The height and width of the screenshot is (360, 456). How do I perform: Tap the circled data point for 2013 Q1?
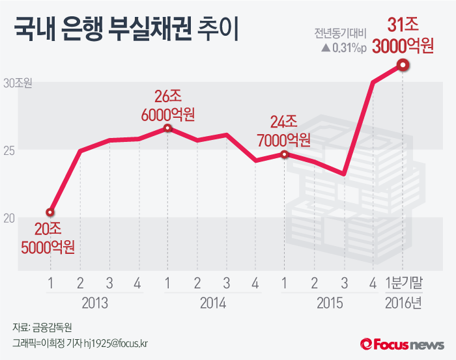[50, 212]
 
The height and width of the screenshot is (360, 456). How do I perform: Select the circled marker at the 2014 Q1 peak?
[167, 128]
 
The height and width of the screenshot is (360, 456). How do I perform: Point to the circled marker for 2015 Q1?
[285, 154]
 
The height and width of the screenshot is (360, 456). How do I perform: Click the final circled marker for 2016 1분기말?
[403, 64]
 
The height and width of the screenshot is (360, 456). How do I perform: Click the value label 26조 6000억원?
[167, 105]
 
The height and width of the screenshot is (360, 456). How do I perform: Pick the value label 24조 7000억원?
[283, 130]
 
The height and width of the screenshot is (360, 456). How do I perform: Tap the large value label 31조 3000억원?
[403, 36]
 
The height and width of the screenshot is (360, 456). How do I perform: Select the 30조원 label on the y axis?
[18, 83]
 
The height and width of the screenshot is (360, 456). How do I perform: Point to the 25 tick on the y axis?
[9, 150]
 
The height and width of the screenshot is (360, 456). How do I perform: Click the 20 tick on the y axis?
[9, 217]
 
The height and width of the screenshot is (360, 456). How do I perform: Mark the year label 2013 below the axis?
[94, 303]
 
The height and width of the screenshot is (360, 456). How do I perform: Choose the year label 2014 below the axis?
[212, 303]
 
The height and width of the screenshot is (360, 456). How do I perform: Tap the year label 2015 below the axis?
[329, 303]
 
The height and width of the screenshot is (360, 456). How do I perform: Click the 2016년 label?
[404, 303]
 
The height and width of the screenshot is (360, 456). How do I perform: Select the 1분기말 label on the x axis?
[404, 283]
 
